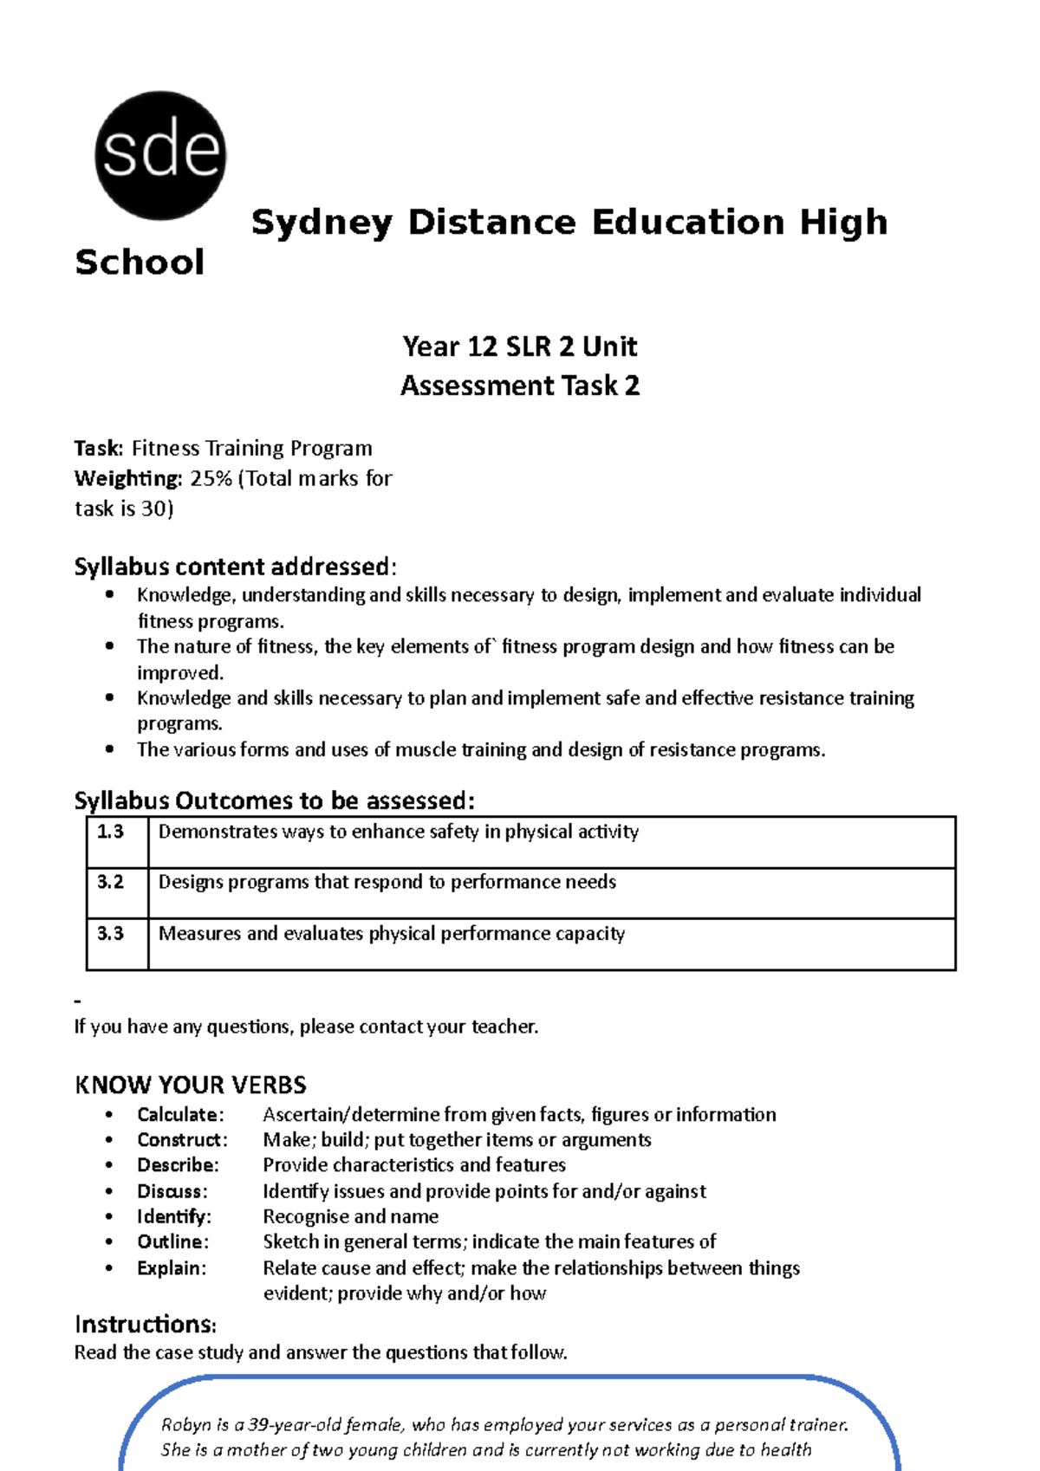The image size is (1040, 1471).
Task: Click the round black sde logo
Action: point(160,155)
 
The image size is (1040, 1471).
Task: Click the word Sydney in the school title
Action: point(322,223)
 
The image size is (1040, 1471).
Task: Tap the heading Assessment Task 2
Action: point(520,386)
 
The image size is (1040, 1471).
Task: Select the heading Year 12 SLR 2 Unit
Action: point(520,347)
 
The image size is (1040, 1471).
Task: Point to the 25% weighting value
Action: point(211,478)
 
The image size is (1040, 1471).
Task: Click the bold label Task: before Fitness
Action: point(99,448)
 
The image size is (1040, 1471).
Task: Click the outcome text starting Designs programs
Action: point(387,882)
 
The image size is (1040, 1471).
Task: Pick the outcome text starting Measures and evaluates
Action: point(391,934)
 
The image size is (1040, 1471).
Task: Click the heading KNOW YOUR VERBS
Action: point(191,1085)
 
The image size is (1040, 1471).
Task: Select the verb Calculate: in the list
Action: point(180,1114)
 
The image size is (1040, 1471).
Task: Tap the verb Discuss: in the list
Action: point(172,1191)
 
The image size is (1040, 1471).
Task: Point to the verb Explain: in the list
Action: point(172,1268)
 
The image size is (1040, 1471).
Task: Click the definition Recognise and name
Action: point(350,1216)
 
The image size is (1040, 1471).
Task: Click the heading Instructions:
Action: point(145,1324)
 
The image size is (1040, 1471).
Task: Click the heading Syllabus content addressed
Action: point(234,567)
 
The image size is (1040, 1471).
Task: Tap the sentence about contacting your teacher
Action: point(306,1027)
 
